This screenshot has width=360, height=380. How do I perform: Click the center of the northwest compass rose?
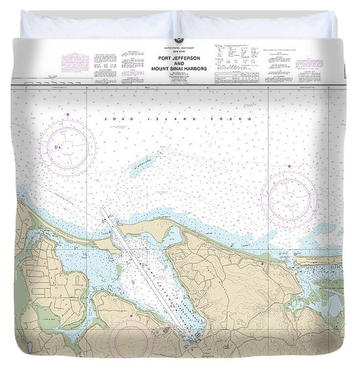pyautogui.click(x=68, y=147)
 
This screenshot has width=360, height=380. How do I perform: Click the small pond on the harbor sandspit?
pyautogui.click(x=175, y=235)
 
